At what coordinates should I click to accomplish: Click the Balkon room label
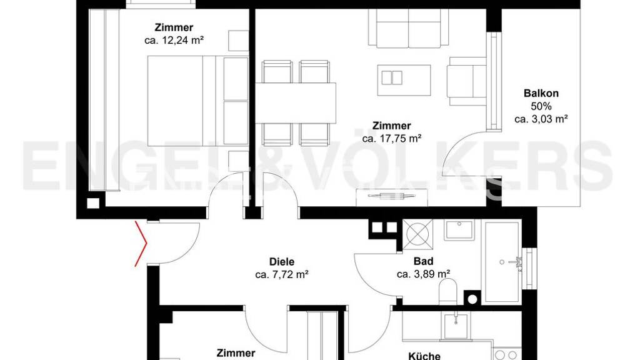click(x=541, y=93)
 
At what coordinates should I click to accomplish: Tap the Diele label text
click(x=282, y=262)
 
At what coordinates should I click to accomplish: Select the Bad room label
click(x=423, y=261)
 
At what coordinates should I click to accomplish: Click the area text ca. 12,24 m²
click(x=174, y=41)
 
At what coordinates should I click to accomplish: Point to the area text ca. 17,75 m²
click(x=391, y=139)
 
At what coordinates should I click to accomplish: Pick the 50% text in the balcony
click(x=541, y=106)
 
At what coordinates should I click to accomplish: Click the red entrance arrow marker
click(x=141, y=244)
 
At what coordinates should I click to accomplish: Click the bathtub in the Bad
click(x=502, y=262)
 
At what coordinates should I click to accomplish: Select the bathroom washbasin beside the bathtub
click(x=459, y=230)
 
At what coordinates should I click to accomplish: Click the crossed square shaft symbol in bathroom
click(x=417, y=234)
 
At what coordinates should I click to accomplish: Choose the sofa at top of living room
click(x=409, y=27)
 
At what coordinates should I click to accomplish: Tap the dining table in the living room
click(x=296, y=103)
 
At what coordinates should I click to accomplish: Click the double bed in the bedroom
click(x=198, y=101)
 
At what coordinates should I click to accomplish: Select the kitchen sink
click(x=456, y=327)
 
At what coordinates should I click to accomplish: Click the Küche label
click(x=424, y=356)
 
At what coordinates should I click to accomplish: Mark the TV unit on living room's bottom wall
click(x=392, y=198)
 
